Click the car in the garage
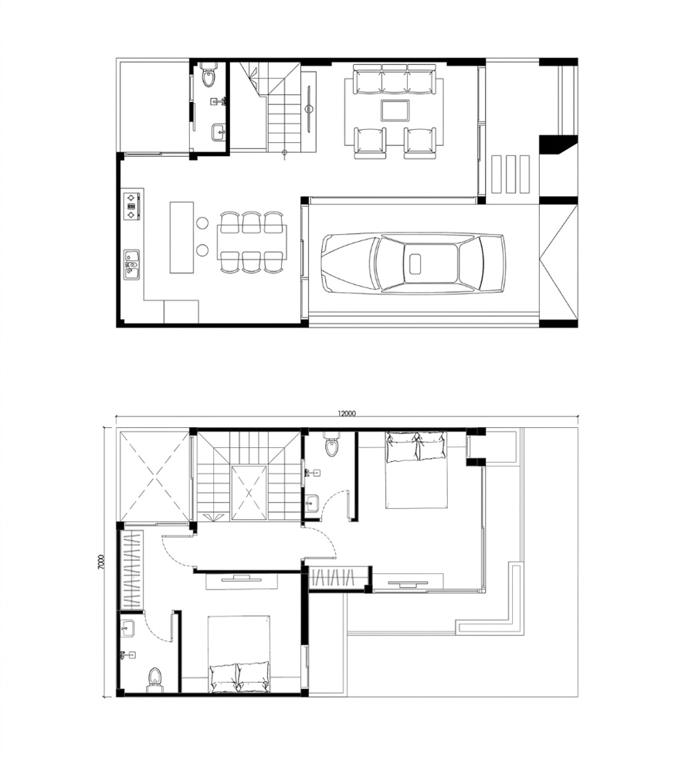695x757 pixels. point(413,263)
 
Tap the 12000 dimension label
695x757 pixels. point(347,413)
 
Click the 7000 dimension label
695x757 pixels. point(101,562)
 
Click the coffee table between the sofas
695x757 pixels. point(395,110)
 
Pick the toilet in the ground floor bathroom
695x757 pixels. point(209,76)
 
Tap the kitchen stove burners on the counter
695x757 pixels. point(131,206)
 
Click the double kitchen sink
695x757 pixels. point(131,264)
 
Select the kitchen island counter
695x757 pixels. point(181,238)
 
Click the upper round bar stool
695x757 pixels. point(202,223)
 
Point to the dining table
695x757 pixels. point(252,243)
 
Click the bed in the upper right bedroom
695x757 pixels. point(416,470)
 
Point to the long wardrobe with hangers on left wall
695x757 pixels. point(132,570)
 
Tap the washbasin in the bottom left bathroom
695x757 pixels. point(129,627)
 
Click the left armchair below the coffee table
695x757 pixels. point(370,143)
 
